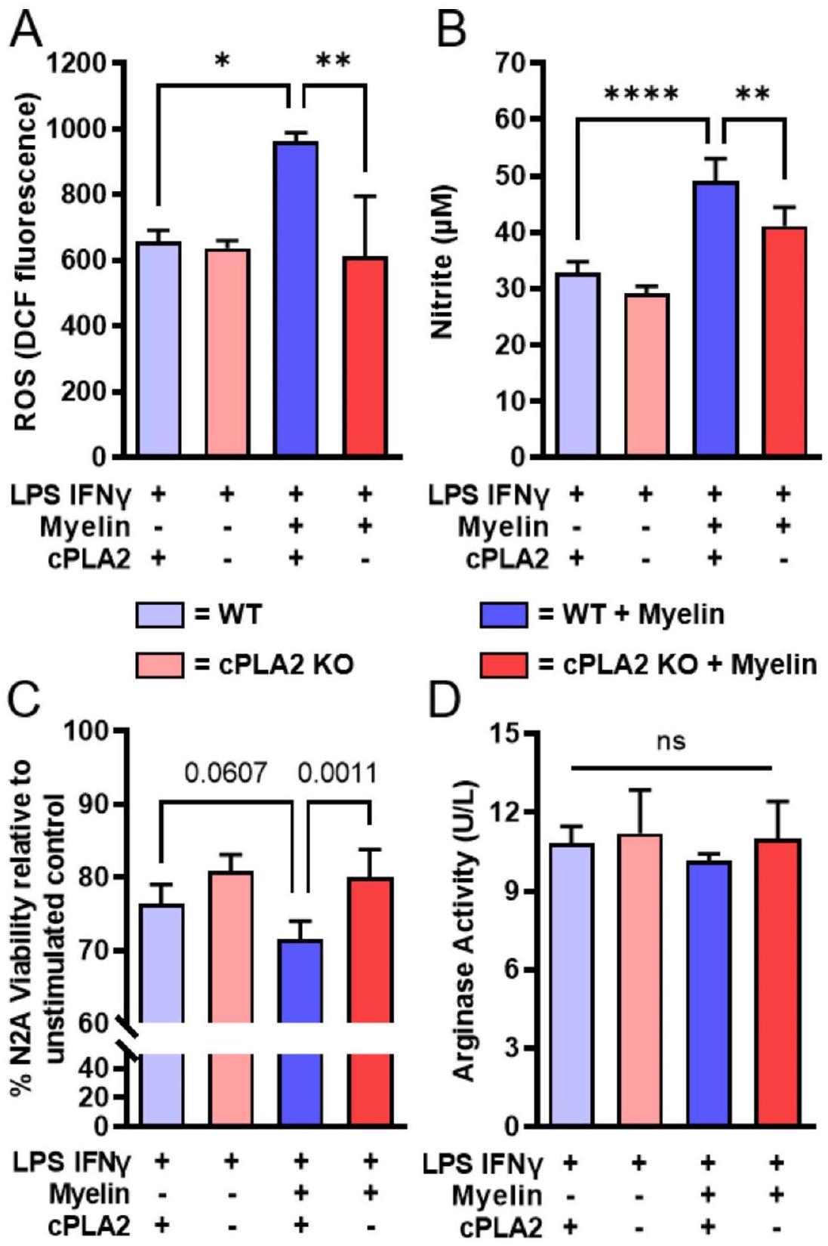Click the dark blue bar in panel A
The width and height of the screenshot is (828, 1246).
click(x=296, y=298)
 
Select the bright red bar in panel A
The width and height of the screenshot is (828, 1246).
click(x=365, y=356)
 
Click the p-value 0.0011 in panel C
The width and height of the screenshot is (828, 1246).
click(x=337, y=773)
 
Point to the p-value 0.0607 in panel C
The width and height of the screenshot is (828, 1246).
click(x=226, y=773)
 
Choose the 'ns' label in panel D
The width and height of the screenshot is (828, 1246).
click(x=671, y=742)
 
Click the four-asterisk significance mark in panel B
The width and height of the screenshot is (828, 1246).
click(x=642, y=95)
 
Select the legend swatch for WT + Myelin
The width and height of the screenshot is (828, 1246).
click(x=503, y=615)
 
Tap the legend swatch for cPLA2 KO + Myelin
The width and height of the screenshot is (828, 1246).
click(x=503, y=665)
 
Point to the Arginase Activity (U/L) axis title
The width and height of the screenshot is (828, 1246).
click(x=466, y=930)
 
